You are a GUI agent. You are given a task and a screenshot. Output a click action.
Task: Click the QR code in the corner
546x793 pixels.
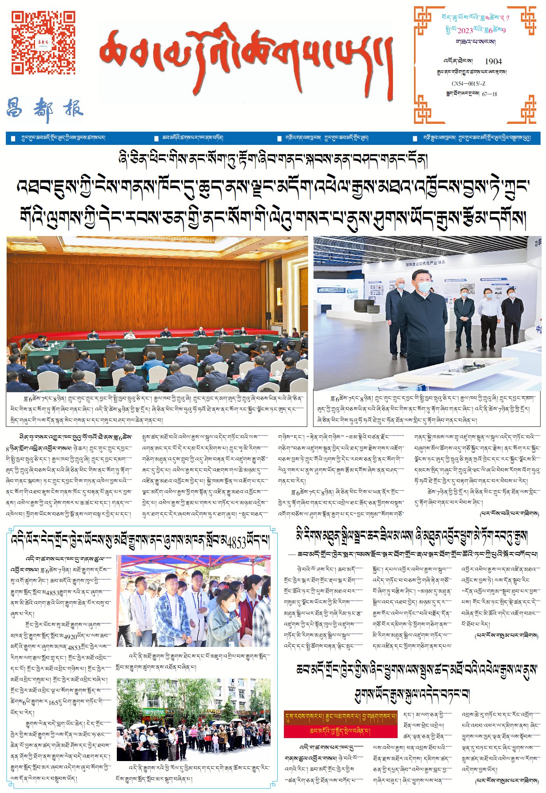point(43,42)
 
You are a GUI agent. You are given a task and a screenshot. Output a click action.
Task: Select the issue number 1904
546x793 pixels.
point(493,61)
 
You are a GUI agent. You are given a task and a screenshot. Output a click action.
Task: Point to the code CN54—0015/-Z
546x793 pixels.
point(468,84)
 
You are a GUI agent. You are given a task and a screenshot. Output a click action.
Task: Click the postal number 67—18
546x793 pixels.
point(489,94)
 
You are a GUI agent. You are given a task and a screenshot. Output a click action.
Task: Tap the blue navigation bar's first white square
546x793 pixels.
point(13,139)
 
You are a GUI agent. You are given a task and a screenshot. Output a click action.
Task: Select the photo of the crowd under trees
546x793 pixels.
point(194,719)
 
